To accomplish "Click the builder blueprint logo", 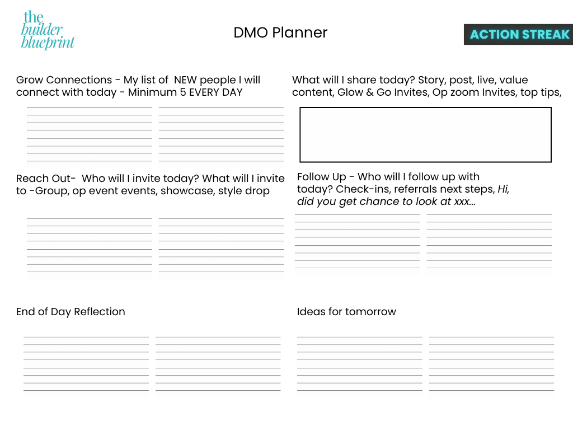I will coord(48,31).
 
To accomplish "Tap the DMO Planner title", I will coord(280,32).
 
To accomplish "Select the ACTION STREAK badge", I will coord(519,34).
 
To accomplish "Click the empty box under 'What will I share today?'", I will coord(425,134).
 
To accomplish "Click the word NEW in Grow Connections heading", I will coord(185,80).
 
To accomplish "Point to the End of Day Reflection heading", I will coord(71,312).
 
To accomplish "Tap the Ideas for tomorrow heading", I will coord(346,312).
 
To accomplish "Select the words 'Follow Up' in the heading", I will coord(322,177).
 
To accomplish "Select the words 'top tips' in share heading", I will coord(540,92).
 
